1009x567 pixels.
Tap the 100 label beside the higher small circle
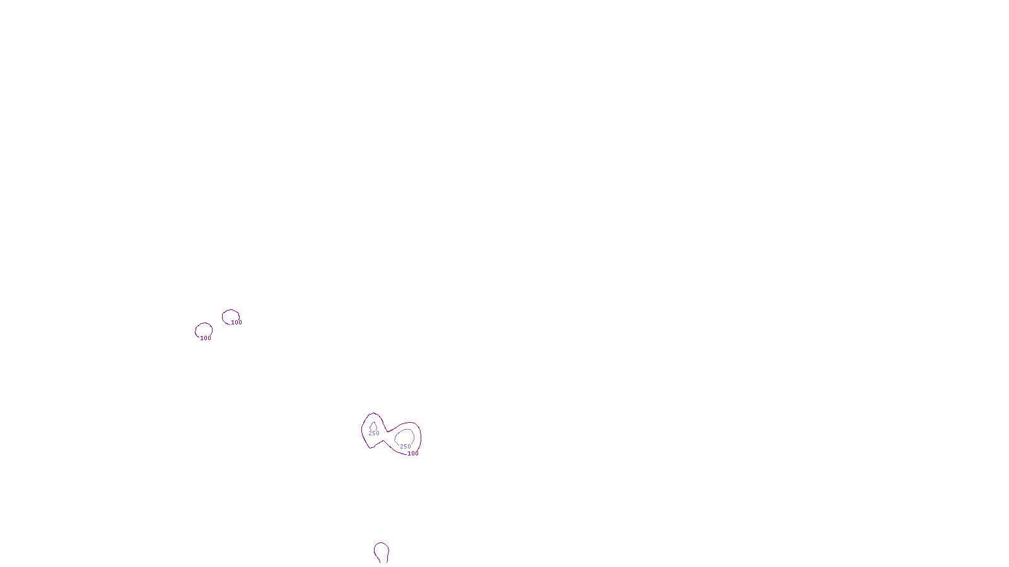tap(236, 322)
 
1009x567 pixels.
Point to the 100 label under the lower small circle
tap(206, 338)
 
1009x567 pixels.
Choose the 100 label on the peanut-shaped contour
tap(413, 453)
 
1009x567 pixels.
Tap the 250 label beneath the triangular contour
tap(374, 433)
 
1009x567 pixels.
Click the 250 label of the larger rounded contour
tap(405, 447)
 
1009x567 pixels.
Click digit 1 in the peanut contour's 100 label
tap(409, 453)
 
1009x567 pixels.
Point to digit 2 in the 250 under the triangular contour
tap(370, 433)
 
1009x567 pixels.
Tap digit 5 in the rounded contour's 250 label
tap(405, 447)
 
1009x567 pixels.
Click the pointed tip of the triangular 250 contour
tap(373, 422)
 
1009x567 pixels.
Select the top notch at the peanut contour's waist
tap(388, 432)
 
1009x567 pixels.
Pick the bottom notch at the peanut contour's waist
tap(383, 440)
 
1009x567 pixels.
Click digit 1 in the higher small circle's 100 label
tap(233, 322)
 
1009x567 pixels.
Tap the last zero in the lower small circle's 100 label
tap(209, 338)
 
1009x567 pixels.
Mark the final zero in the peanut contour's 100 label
tap(417, 453)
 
